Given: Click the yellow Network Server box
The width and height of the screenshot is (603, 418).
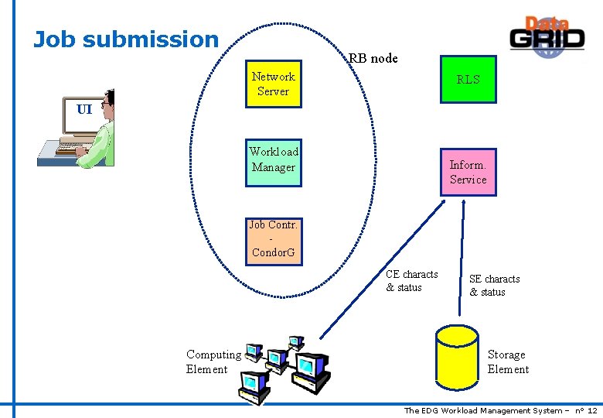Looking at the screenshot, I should pyautogui.click(x=273, y=84).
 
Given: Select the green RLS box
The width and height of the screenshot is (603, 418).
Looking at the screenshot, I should pyautogui.click(x=468, y=79).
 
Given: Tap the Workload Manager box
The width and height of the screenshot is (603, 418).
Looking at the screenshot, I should pyautogui.click(x=273, y=160).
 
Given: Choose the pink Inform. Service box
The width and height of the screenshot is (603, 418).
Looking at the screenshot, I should pyautogui.click(x=468, y=172).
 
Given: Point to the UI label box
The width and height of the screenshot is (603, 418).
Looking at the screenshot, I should pyautogui.click(x=84, y=109).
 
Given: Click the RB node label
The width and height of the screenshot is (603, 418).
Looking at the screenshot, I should pyautogui.click(x=373, y=58).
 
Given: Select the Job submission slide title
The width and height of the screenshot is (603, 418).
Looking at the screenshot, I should pyautogui.click(x=127, y=39).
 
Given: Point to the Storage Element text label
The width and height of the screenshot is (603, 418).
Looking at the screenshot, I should pyautogui.click(x=508, y=361).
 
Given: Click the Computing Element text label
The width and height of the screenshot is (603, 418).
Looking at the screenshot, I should pyautogui.click(x=213, y=361).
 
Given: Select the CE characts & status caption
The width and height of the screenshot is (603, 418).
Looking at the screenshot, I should pyautogui.click(x=411, y=280).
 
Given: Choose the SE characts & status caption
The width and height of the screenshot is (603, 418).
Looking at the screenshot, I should pyautogui.click(x=494, y=285).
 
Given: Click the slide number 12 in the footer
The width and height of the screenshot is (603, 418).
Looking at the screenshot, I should pyautogui.click(x=592, y=410).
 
